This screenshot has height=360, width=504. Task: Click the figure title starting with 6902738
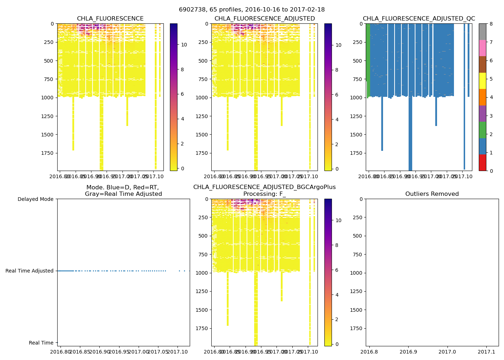coord(252,10)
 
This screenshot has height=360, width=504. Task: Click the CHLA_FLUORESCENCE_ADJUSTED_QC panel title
coord(419,19)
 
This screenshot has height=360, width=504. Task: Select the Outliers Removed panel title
coord(432,194)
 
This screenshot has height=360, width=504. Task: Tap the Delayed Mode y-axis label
coord(35,199)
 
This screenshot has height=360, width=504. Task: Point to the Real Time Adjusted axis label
coord(30,271)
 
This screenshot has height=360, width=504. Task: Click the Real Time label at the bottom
coord(41,343)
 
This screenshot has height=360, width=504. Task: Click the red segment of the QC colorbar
coord(482,163)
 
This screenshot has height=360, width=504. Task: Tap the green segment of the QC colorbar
coord(482,130)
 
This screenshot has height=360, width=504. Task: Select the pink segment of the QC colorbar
coord(482,48)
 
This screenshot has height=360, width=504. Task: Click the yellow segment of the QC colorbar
coord(482,81)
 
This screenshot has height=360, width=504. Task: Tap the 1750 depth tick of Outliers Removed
coord(356,328)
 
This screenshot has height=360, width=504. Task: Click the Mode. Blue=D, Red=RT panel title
coord(123,190)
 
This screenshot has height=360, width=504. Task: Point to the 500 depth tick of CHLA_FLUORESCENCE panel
coord(50,60)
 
